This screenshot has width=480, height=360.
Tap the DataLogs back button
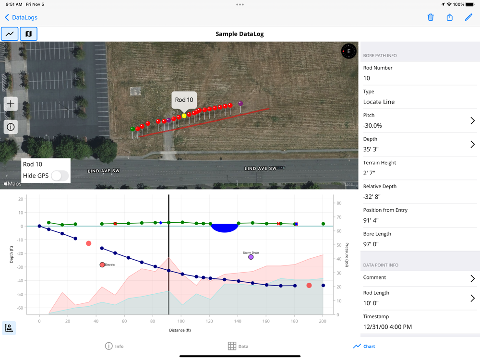21,17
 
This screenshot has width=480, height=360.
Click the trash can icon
431,17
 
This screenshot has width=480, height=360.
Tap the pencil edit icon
468,17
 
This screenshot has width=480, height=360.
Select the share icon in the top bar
449,17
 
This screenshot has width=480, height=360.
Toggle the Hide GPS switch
60,176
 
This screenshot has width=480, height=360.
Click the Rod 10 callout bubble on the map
184,100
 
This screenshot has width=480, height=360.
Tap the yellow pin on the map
184,116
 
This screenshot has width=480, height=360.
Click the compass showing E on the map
348,51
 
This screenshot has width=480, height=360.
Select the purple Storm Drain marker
251,257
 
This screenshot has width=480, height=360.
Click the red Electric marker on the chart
102,265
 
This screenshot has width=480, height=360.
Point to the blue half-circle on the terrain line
225,228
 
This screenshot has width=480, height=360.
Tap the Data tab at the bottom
238,346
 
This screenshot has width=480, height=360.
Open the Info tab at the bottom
114,346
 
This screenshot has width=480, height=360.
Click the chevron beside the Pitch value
472,121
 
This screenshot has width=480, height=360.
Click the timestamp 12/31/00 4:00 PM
387,327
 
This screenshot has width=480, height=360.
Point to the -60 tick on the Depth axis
20,308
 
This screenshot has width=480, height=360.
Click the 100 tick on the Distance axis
180,321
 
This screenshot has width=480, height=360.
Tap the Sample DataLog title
240,34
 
